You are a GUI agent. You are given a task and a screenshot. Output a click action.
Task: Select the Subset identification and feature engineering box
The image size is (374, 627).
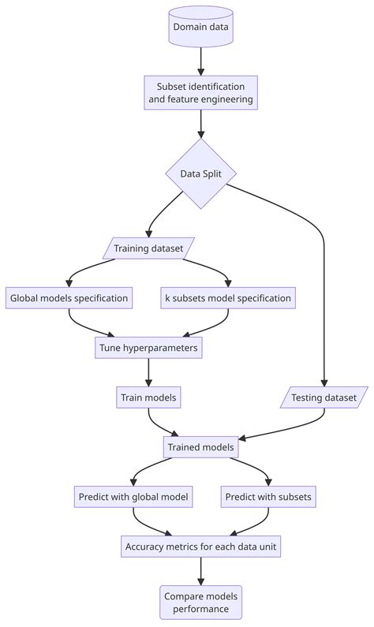click(201, 93)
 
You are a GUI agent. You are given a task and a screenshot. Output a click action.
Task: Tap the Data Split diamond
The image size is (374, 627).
click(201, 174)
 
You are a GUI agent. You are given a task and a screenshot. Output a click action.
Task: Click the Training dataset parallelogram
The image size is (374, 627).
click(148, 249)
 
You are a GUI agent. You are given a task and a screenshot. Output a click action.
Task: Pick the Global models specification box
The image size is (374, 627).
click(69, 298)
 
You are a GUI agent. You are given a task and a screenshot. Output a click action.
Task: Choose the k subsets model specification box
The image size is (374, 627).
click(228, 298)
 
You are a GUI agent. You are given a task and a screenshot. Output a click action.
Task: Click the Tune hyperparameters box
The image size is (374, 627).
click(148, 347)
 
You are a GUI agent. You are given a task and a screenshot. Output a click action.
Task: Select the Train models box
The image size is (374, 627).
click(148, 397)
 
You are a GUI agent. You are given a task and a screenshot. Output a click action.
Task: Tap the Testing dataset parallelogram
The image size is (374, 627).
click(324, 397)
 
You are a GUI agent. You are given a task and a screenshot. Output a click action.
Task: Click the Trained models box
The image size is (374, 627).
click(201, 447)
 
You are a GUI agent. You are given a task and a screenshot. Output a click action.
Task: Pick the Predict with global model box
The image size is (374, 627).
click(133, 497)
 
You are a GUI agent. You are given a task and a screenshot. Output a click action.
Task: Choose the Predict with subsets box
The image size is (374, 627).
click(269, 497)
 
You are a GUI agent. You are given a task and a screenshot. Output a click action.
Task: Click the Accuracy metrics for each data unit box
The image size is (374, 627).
click(201, 546)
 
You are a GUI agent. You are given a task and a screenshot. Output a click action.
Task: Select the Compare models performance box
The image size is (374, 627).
click(201, 602)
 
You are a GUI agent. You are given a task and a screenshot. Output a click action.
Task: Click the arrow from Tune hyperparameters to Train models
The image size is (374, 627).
click(148, 371)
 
